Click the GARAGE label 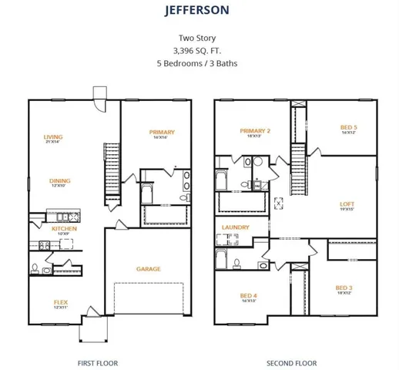tap(149, 269)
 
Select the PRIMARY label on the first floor tap(162, 132)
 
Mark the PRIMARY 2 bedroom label tap(254, 132)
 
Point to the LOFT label tap(347, 204)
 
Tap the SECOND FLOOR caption tap(291, 363)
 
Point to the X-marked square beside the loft tap(278, 203)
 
